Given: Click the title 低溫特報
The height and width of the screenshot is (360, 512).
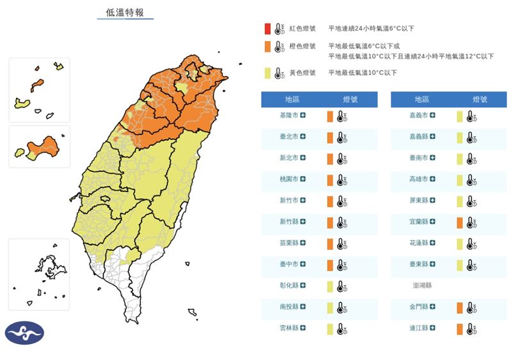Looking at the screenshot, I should [125, 13].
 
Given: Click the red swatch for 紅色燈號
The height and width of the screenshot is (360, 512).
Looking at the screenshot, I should [267, 29].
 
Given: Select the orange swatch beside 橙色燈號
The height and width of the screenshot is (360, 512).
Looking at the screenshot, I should [267, 47].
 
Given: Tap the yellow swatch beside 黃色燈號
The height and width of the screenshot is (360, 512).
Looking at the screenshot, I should [267, 73].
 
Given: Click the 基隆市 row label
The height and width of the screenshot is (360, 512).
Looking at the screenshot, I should [289, 116].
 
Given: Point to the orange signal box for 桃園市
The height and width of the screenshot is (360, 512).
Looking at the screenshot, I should [330, 180].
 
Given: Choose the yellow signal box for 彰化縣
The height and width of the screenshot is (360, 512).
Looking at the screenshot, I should [330, 286].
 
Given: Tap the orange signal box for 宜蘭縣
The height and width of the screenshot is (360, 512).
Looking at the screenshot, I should [460, 223].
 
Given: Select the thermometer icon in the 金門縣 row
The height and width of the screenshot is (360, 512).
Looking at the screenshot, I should [470, 308].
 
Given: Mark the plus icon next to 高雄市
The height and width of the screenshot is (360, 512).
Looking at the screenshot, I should [433, 180].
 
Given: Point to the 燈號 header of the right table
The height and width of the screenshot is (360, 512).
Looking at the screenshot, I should [479, 99].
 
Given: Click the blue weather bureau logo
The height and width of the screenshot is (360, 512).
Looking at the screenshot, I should [24, 333].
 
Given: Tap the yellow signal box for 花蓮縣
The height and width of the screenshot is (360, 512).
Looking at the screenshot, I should [460, 244].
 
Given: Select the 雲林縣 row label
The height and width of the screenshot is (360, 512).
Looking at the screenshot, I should [289, 329].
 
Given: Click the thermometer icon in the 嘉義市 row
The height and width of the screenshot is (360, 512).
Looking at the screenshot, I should [470, 116].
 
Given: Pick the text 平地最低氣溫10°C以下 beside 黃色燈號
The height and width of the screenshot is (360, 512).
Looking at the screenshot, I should [362, 73].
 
